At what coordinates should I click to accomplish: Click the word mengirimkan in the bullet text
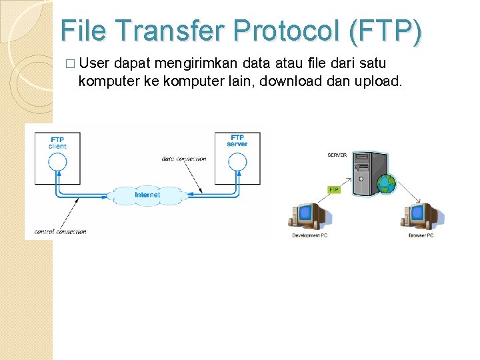179,64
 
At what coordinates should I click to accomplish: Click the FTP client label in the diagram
58,142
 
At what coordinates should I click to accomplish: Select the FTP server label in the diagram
237,141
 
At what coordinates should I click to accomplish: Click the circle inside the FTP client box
58,161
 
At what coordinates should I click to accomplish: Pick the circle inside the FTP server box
237,161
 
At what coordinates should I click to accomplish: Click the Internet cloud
147,195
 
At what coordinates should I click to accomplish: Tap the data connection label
184,159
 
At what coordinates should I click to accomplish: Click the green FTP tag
335,189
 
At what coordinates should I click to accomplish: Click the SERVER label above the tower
337,155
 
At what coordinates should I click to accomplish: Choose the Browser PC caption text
421,235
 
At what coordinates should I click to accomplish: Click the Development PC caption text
310,235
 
